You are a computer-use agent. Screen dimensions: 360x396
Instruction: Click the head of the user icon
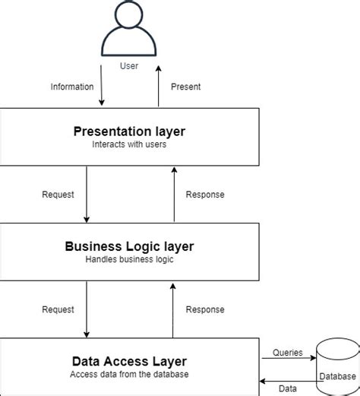[129, 14]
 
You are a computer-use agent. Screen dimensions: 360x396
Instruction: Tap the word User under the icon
[129, 66]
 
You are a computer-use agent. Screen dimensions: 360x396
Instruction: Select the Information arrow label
[72, 87]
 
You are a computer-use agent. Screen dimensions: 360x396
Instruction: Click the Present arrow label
[186, 87]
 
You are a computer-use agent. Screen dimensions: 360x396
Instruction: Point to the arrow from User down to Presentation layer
[101, 85]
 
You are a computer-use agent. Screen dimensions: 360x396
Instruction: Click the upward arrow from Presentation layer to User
[159, 86]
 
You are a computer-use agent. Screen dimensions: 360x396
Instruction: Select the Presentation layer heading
[129, 131]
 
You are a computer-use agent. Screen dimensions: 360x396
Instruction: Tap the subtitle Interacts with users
[129, 144]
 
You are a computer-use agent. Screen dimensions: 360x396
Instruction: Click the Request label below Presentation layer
[58, 195]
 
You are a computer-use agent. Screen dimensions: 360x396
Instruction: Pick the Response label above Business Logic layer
[205, 195]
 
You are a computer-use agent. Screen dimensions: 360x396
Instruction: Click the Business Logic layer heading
[129, 246]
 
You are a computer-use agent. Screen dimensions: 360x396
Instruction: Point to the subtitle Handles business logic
[129, 259]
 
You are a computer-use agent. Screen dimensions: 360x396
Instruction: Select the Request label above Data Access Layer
[58, 309]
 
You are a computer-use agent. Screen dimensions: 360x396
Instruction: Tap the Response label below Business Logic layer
[205, 309]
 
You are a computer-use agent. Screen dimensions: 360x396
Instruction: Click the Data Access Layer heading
[129, 361]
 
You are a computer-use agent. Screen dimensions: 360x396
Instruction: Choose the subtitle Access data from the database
[129, 374]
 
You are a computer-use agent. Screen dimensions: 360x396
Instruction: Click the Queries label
[288, 353]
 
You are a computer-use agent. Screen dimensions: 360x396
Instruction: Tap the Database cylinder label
[337, 376]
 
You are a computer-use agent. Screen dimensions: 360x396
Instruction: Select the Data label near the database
[288, 388]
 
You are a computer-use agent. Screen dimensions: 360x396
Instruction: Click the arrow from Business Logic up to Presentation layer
[174, 195]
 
